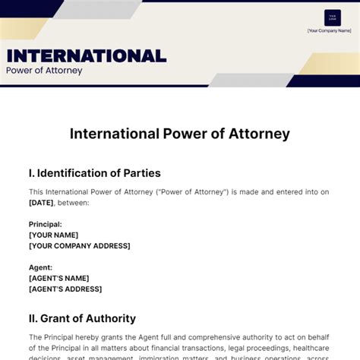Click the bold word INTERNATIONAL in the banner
pos(86,55)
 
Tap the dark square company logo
pos(332,17)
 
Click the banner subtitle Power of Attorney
pos(44,71)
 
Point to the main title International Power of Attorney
pos(180,134)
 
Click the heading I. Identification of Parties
pos(95,173)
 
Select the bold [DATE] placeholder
pos(40,203)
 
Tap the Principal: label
pos(46,224)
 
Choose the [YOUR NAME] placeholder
pos(54,235)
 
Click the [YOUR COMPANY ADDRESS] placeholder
pos(80,245)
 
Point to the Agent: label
pos(41,267)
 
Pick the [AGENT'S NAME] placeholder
pos(59,278)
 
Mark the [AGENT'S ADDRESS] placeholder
pos(65,289)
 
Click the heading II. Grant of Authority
pos(82,318)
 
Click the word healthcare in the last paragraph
pos(311,348)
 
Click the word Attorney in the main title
pos(260,134)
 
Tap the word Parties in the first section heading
pos(141,173)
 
